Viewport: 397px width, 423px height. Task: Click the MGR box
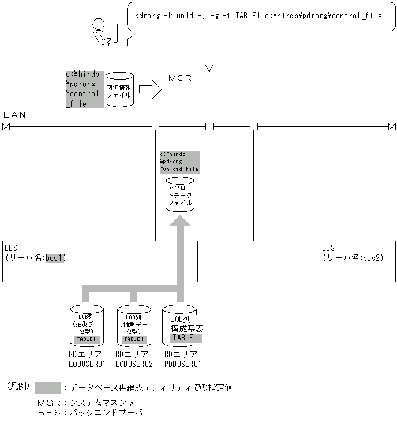[x=209, y=89]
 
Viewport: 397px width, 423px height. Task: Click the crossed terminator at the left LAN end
[x=6, y=126]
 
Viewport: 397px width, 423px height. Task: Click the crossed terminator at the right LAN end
[x=392, y=126]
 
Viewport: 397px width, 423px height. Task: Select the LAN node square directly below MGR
[x=209, y=126]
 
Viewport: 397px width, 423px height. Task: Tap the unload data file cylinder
[x=180, y=195]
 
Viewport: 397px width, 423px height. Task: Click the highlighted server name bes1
[x=56, y=258]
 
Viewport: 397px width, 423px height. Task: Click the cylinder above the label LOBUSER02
[x=134, y=326]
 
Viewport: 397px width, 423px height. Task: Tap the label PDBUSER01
[x=183, y=364]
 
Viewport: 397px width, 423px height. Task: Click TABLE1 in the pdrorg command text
[x=250, y=16]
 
